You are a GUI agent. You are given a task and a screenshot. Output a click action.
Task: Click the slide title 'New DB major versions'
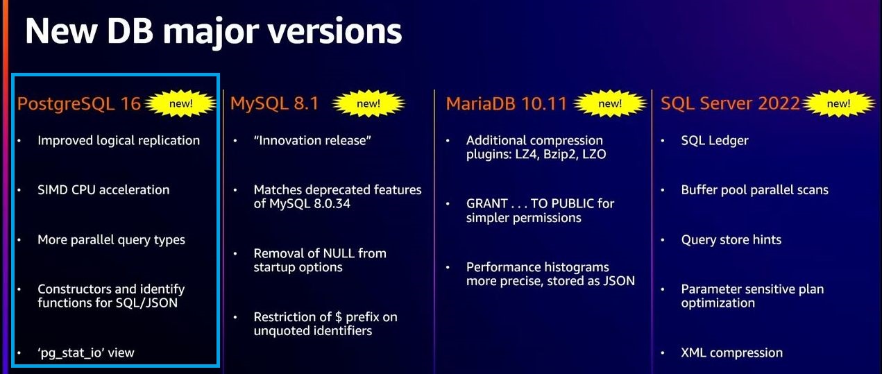click(x=213, y=31)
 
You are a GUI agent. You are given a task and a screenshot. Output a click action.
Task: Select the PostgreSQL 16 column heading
click(x=79, y=104)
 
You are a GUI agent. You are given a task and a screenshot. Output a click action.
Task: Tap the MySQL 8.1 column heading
click(x=275, y=104)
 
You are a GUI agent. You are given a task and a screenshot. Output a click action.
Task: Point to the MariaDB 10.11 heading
click(x=507, y=104)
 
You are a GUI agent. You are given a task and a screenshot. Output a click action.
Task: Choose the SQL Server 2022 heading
click(x=730, y=104)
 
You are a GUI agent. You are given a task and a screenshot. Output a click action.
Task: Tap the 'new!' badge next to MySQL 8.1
click(x=368, y=104)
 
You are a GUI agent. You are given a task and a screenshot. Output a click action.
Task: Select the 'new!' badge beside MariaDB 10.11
click(x=610, y=104)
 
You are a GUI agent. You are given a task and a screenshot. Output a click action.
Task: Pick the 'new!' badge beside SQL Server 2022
click(x=838, y=104)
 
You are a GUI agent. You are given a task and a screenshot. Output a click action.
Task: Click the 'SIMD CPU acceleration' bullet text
click(x=103, y=189)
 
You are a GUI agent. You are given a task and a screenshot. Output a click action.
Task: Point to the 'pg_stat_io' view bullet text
click(x=86, y=352)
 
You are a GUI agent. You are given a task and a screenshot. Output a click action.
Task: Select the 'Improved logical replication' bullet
click(x=119, y=140)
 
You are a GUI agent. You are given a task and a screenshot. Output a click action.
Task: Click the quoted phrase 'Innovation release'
click(x=313, y=140)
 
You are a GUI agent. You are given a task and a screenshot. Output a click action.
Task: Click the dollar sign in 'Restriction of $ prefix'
click(x=339, y=317)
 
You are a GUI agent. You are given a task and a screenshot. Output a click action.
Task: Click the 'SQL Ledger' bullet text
click(x=715, y=140)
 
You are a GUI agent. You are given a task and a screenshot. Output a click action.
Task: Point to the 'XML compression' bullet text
click(x=731, y=352)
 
